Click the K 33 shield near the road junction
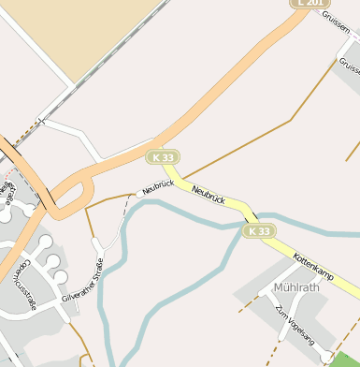click(x=163, y=156)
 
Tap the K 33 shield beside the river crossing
click(x=260, y=230)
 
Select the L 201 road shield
click(x=311, y=4)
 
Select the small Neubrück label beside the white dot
click(x=159, y=186)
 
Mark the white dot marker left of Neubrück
click(x=139, y=193)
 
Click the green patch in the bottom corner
click(x=345, y=360)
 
